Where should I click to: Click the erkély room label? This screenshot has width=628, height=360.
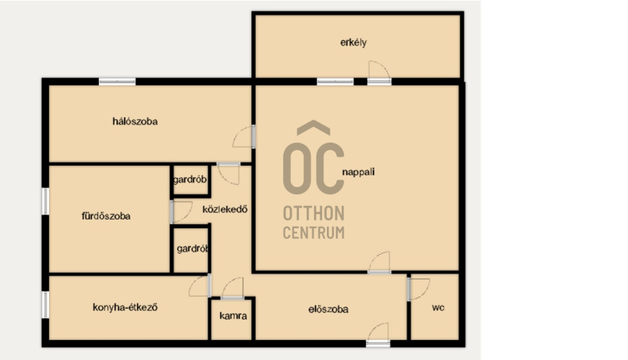(x=353, y=42)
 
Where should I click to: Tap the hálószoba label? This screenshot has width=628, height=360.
(x=135, y=122)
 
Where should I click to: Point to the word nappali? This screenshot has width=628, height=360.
(x=359, y=172)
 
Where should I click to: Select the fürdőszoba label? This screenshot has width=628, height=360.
(x=106, y=216)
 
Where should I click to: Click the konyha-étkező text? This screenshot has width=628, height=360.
(x=125, y=307)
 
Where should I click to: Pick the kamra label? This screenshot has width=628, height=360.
(x=233, y=316)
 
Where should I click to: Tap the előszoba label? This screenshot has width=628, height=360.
(x=328, y=309)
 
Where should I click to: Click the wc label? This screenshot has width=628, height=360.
(x=438, y=308)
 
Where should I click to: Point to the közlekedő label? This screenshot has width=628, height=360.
(x=225, y=210)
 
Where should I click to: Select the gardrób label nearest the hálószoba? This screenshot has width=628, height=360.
(x=190, y=179)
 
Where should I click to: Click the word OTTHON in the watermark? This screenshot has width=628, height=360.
(x=313, y=213)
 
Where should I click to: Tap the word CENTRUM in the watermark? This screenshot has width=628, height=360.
(x=313, y=233)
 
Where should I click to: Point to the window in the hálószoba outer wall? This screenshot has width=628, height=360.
(x=117, y=81)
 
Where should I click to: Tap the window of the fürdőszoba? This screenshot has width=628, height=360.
(x=45, y=201)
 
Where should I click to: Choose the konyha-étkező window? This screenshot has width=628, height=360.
(x=45, y=305)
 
